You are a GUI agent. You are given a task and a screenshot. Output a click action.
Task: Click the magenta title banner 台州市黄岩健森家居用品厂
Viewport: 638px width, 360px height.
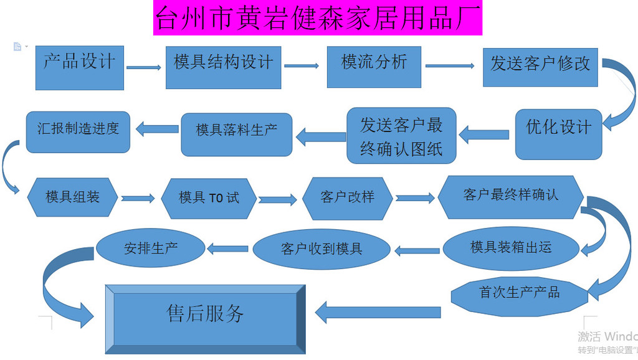point(317,18)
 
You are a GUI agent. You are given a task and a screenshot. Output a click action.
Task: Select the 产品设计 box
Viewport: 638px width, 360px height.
point(80,68)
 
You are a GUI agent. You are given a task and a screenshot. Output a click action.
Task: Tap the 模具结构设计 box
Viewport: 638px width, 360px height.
point(224,67)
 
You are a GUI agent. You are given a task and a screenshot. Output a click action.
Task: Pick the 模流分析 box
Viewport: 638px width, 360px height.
point(374,67)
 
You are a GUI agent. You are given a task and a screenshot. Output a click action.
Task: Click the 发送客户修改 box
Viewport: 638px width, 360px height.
point(540,67)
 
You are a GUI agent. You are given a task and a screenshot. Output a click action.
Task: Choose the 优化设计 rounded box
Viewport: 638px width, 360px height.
point(559,135)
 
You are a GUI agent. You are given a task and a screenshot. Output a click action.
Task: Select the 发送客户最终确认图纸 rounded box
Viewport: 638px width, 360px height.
point(401,136)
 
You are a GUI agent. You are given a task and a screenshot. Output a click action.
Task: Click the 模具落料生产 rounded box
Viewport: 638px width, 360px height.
point(236,135)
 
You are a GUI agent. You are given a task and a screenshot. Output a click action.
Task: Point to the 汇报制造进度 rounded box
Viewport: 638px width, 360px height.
point(78,132)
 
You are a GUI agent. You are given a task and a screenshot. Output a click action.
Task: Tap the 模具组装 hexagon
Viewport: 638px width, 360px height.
point(72,197)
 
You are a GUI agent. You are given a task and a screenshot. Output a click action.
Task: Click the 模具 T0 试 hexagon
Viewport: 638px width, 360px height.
point(209,199)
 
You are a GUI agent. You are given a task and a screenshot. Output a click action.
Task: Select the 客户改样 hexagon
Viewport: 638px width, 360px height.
point(348,199)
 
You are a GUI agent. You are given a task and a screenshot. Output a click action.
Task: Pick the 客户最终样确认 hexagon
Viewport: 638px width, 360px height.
point(511,197)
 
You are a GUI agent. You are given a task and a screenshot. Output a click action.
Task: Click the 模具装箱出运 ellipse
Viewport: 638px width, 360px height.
point(511,249)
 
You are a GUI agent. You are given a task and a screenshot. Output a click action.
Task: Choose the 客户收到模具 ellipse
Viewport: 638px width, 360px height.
point(321,249)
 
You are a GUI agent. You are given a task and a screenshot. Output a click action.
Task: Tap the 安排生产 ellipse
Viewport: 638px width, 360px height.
point(151,248)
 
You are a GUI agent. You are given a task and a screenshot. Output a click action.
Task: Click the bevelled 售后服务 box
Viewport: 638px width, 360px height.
point(206,320)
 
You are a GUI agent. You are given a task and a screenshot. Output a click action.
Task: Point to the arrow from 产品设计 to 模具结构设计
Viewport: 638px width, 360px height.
point(144,67)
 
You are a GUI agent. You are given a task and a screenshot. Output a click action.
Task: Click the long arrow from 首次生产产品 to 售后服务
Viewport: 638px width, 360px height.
point(378,313)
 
